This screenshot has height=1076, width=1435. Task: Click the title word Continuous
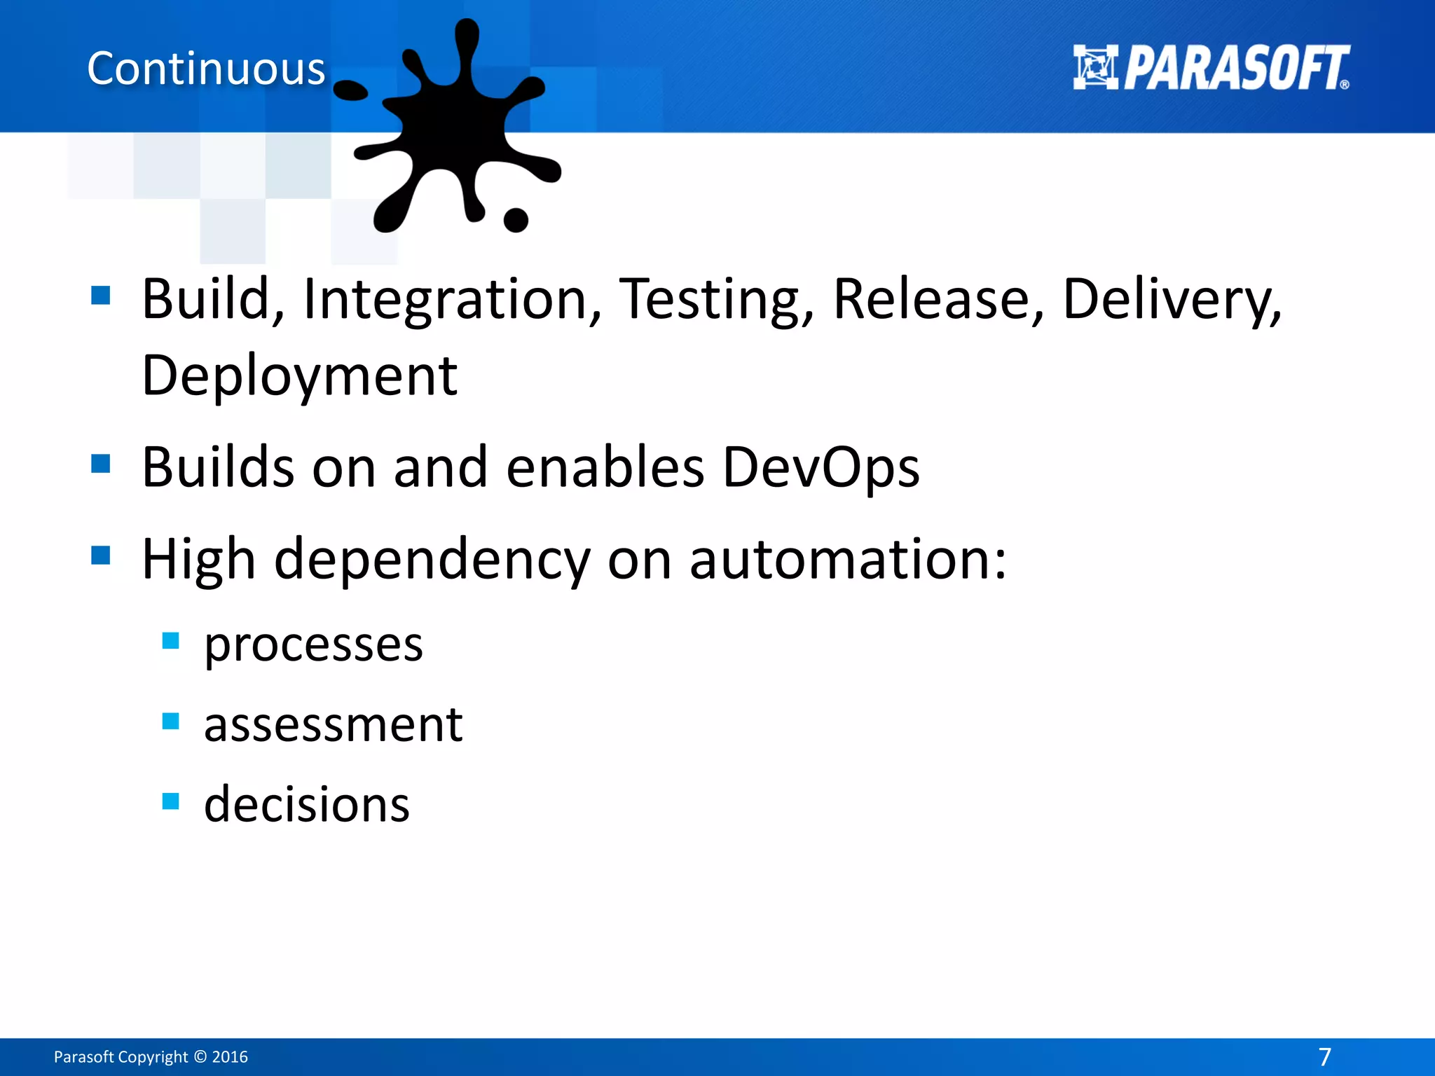point(206,69)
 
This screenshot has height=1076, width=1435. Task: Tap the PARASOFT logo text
point(1237,69)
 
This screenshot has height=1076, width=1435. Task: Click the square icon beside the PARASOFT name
point(1095,67)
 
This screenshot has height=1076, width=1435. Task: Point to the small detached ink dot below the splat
point(516,220)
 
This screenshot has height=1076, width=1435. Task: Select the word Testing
point(717,300)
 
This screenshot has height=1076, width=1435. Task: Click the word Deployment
point(299,376)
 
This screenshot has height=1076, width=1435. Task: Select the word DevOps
point(821,467)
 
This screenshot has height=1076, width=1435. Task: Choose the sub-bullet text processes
point(313,644)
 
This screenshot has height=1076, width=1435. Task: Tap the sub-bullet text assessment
point(333,724)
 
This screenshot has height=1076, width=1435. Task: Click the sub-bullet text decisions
point(306,804)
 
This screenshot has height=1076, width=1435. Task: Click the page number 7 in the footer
point(1324,1056)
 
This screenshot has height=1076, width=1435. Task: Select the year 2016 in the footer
point(230,1056)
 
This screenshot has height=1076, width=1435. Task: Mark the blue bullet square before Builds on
point(101,464)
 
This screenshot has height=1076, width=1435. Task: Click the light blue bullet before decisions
point(170,801)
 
